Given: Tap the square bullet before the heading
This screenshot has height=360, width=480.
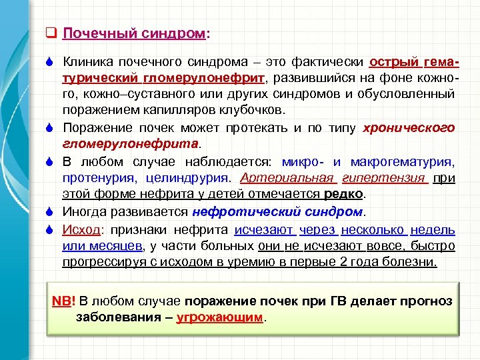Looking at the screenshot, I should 49,32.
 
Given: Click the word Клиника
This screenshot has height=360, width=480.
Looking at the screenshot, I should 87,62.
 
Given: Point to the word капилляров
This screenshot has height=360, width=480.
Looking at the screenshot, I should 174,109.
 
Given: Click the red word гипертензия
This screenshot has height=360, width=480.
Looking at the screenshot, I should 383,178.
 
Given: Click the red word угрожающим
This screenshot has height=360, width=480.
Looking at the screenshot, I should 220,317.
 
